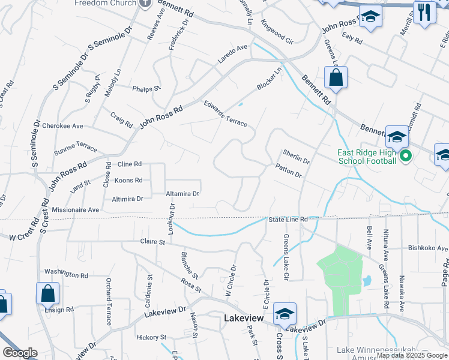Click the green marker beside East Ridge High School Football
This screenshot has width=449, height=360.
pos(406,157)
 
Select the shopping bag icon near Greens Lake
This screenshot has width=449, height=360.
pos(336,78)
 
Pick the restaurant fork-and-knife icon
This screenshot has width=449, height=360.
pos(425,11)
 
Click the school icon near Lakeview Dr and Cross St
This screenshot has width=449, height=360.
pos(285,313)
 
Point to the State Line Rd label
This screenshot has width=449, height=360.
pos(288,220)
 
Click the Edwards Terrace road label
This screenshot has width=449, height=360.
pos(226,113)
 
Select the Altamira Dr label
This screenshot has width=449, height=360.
pos(182,194)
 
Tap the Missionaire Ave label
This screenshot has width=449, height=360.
pos(76,210)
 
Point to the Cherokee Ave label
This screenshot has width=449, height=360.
pos(65,126)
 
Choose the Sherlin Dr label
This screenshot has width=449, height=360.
pos(296,157)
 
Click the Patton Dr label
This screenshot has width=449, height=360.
pos(289,171)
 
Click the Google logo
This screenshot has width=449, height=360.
pos(20,353)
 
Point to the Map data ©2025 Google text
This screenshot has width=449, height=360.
pos(412,355)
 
